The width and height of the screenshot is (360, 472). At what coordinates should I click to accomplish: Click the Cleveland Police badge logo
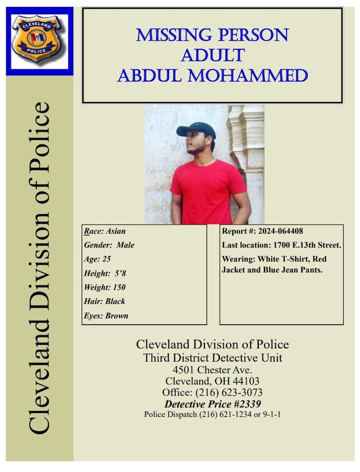coord(39,40)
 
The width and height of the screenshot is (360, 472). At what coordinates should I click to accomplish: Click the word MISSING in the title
coord(174,35)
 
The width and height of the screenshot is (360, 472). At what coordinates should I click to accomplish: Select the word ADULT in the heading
coord(212,55)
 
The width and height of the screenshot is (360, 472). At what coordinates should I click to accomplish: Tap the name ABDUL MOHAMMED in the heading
coord(212,76)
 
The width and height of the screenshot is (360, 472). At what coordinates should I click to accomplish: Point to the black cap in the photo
coord(196,129)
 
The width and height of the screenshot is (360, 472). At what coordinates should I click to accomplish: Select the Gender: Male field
coord(108,245)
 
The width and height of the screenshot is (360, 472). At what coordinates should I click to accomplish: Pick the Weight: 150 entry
coord(104,287)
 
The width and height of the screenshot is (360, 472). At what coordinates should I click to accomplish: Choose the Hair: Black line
coord(104,301)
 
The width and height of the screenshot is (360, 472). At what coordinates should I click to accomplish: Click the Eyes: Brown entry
coord(106,316)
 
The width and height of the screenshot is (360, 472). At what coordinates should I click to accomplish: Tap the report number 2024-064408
coord(278,231)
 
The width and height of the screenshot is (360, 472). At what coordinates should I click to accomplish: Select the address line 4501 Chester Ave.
coord(212,370)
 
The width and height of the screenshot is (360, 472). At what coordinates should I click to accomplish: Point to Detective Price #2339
coord(212,404)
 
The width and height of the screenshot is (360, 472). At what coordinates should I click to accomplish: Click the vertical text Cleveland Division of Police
coord(39,269)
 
